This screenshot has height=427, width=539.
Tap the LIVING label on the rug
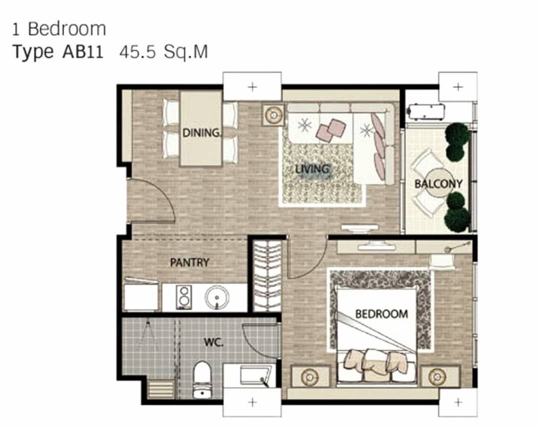tap(312, 169)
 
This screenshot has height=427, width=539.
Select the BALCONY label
tap(438, 184)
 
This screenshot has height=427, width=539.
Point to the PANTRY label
tap(190, 263)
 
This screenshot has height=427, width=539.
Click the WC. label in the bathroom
tap(214, 343)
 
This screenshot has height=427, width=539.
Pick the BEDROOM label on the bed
tap(382, 314)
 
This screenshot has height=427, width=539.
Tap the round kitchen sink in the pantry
tap(217, 297)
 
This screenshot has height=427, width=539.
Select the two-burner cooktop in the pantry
tap(184, 297)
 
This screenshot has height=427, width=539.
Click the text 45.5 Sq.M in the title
tap(164, 52)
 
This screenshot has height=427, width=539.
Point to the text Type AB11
tap(58, 52)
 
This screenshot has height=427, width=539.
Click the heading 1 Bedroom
tap(59, 29)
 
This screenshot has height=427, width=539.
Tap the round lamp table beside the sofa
tap(273, 115)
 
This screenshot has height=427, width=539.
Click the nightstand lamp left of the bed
tap(310, 377)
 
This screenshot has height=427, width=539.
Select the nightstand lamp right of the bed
tap(437, 376)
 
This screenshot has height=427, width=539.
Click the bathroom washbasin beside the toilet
tap(255, 376)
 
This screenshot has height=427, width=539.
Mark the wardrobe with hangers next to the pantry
tap(267, 276)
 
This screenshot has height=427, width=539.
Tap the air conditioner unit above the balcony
tap(426, 111)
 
